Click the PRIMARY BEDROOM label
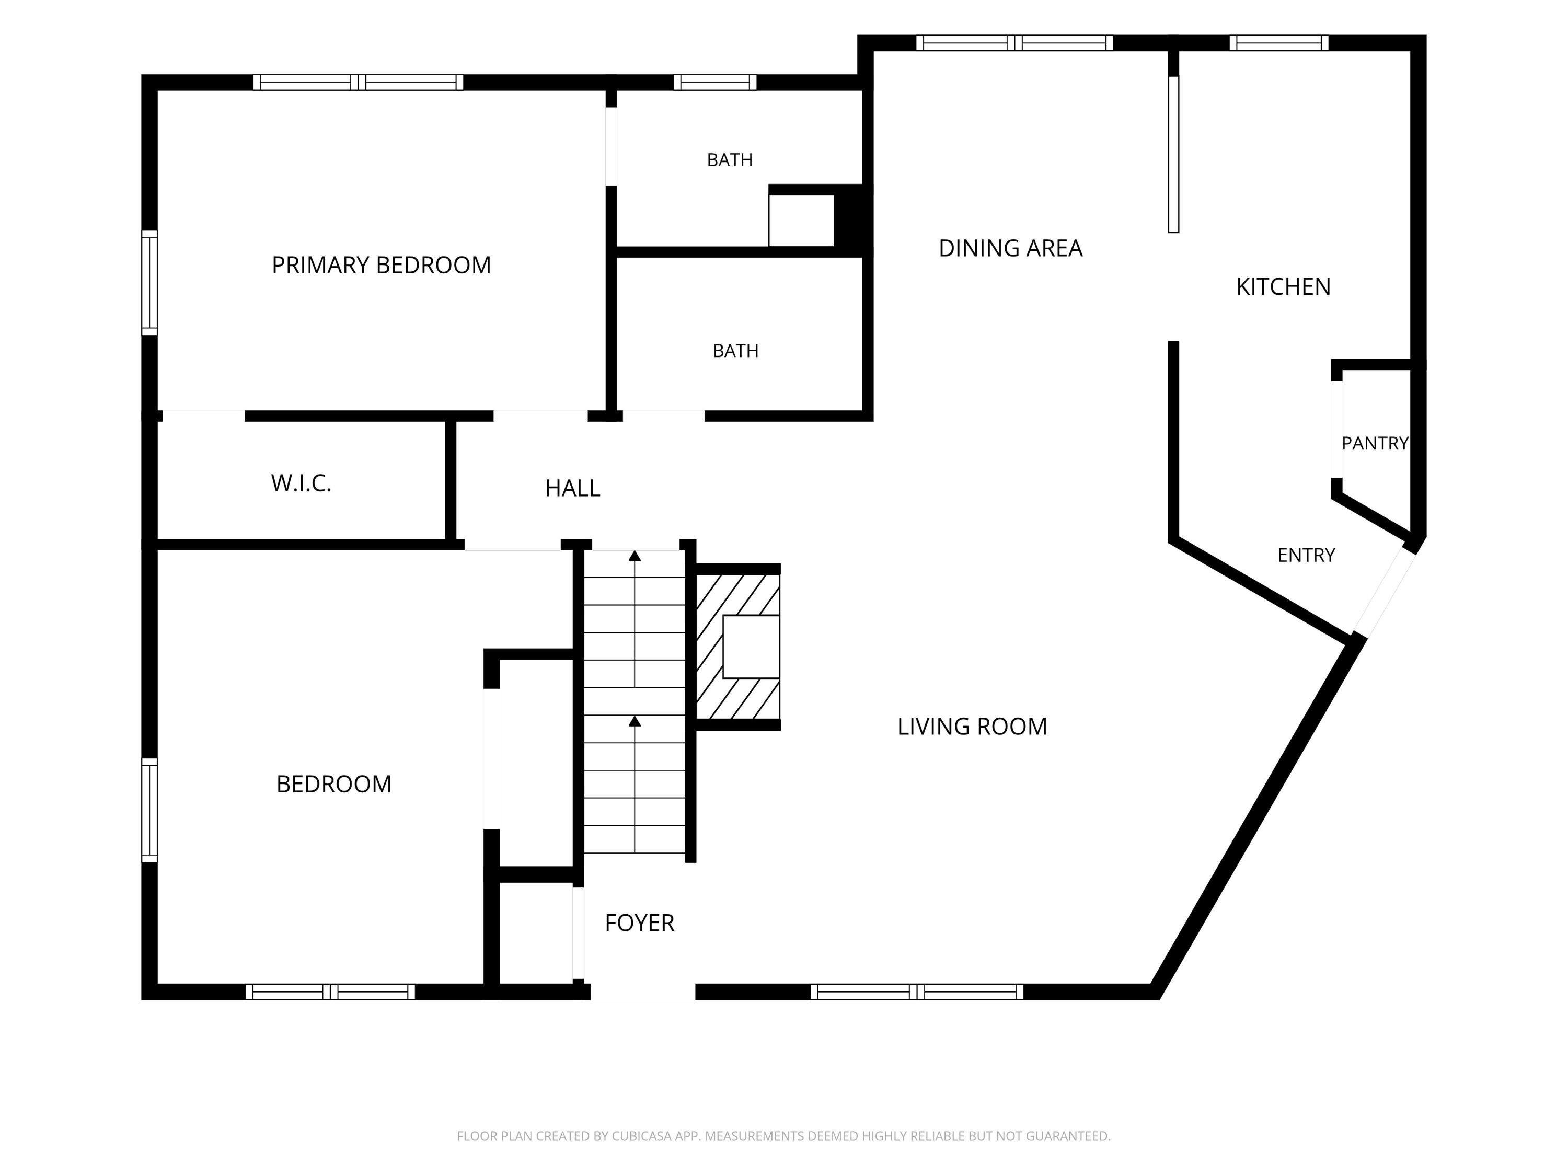[382, 265]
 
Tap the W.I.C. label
[301, 483]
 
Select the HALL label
[573, 488]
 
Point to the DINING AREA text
[1010, 248]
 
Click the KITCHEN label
[1283, 287]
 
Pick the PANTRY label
[1375, 444]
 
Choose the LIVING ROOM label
[972, 727]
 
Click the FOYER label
[639, 923]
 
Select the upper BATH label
[730, 160]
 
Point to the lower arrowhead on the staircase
[635, 721]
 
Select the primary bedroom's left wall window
[149, 282]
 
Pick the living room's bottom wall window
[917, 991]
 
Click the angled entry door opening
[1383, 593]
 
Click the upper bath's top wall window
[714, 82]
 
